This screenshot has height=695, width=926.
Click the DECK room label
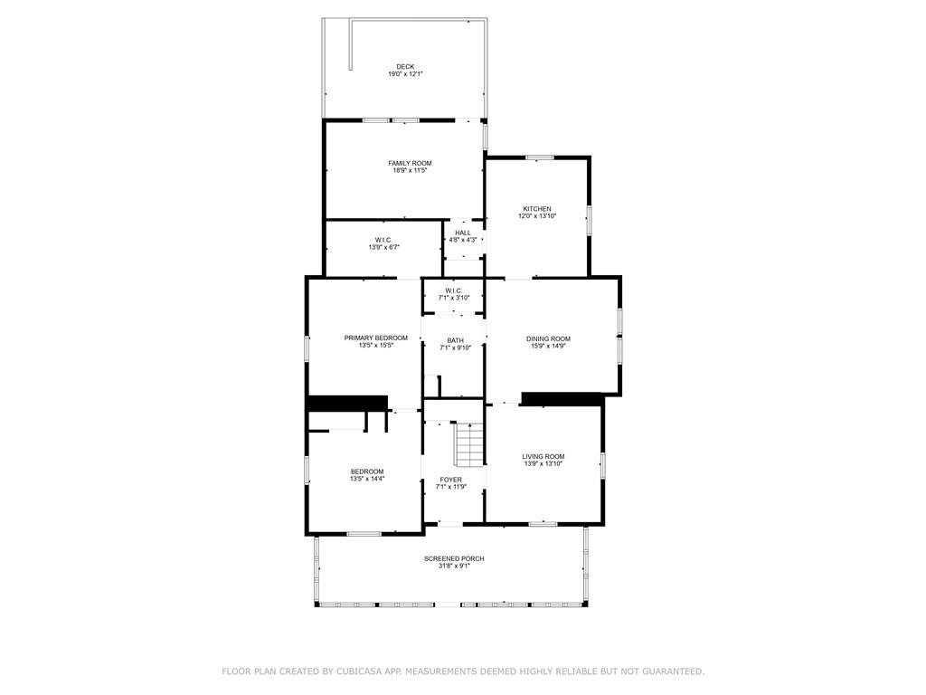click(x=405, y=67)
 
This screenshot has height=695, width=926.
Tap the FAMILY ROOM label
click(x=410, y=163)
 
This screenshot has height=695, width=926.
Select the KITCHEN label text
click(x=537, y=209)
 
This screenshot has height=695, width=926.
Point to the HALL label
click(x=463, y=233)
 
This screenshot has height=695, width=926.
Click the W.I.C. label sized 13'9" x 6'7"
click(x=383, y=240)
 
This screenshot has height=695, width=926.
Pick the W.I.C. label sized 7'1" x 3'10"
click(x=454, y=290)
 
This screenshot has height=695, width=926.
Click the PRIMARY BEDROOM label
click(x=375, y=338)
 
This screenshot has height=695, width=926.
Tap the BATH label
click(x=456, y=340)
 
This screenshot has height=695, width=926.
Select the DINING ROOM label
click(x=548, y=339)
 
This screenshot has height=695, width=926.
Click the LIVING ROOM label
click(x=543, y=457)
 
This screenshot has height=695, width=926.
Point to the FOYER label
click(x=451, y=480)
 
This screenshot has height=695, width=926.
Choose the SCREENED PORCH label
click(x=454, y=558)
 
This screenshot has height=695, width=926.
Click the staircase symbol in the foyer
click(x=469, y=444)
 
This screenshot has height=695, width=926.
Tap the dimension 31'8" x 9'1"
click(x=454, y=566)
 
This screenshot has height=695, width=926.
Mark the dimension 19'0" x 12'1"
click(x=405, y=74)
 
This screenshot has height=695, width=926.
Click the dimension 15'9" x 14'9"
click(x=548, y=347)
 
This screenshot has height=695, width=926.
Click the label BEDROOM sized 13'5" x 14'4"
click(x=367, y=471)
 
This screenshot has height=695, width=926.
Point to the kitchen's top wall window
click(x=540, y=157)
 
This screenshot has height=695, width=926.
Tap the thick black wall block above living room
click(x=562, y=399)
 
